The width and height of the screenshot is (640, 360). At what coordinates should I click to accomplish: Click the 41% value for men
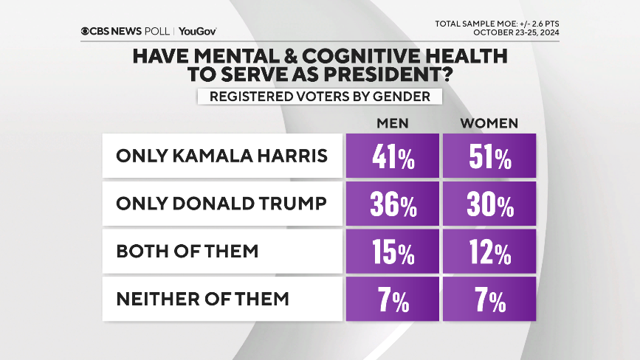coord(392,156)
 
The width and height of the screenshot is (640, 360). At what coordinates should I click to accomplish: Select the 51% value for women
coord(487,156)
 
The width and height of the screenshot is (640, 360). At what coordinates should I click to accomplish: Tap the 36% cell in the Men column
coord(392,204)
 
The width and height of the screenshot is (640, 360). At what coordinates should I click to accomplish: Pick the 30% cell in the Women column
coord(487,204)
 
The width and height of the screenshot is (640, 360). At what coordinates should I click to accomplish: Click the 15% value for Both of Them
coord(392,252)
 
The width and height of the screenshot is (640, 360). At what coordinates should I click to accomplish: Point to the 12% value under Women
coord(487,252)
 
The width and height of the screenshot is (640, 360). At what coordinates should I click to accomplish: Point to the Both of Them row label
coord(187,252)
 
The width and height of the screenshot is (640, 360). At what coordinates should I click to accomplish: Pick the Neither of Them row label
coord(202,299)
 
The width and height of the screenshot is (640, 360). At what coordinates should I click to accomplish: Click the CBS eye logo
coord(86,32)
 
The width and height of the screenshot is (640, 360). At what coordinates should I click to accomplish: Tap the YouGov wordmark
coord(197,32)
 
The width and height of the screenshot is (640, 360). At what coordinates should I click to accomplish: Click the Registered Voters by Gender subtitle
coord(320,97)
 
